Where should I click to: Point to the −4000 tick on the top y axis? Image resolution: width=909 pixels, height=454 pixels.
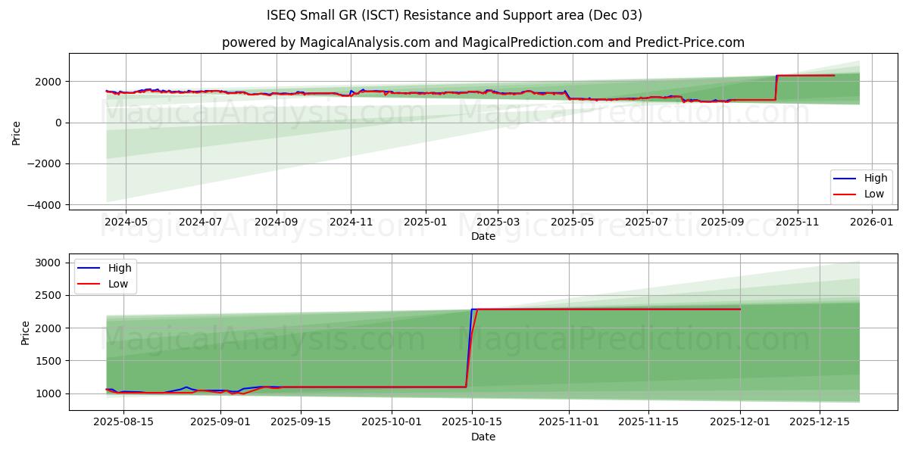click(46, 204)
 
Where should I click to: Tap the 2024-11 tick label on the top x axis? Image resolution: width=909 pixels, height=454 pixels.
click(350, 222)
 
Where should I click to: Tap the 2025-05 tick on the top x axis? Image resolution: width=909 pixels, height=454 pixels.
click(572, 222)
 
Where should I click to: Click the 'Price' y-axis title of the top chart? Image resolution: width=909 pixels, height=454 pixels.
click(17, 132)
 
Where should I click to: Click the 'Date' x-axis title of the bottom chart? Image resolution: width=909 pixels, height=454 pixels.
click(483, 437)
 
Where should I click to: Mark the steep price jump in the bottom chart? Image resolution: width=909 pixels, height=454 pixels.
click(470, 348)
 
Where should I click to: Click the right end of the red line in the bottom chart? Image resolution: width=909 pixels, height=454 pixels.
click(739, 309)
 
